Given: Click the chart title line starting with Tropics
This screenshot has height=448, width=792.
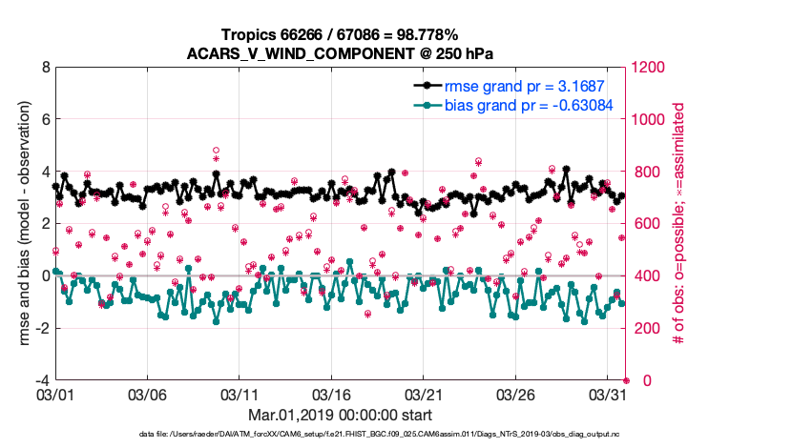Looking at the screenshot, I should coord(341,32).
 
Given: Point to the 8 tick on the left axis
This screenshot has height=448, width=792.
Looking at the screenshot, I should coord(45,68).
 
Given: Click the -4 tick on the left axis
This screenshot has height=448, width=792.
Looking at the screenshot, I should coord(42,380).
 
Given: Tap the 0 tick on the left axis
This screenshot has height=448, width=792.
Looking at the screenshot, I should coord(45,275).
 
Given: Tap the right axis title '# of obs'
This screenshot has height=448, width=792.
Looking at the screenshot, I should coord(679,224).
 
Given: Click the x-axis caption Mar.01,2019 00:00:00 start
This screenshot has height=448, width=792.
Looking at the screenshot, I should coord(341,415).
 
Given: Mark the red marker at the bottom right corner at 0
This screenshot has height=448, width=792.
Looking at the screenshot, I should coord(626,380).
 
